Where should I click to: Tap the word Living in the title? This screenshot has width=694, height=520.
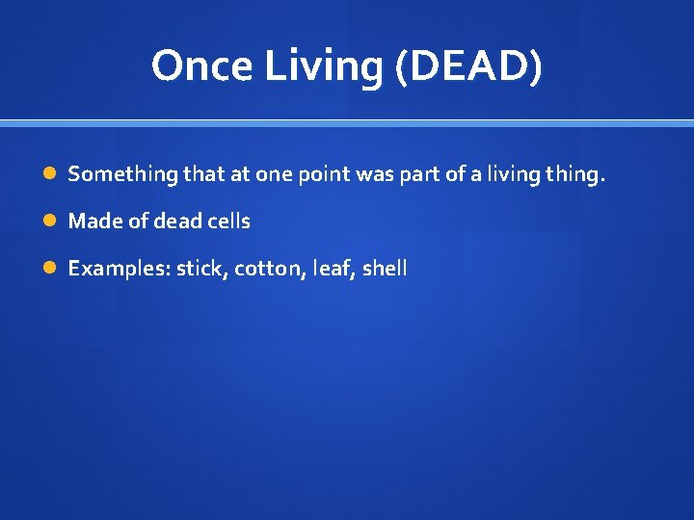[x=303, y=65]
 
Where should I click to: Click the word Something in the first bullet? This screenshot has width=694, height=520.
[x=123, y=174]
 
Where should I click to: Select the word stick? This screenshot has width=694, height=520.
[x=200, y=269]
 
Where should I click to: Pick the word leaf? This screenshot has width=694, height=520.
[x=333, y=269]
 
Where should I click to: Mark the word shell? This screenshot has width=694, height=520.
[x=385, y=269]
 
